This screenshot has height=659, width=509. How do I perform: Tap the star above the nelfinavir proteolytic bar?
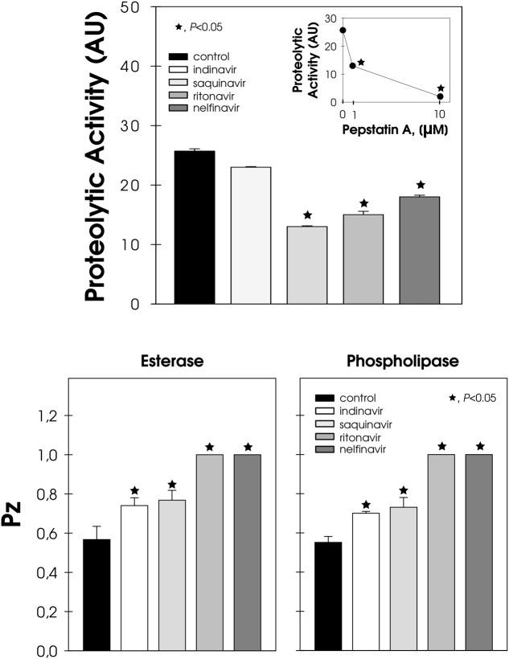coord(420,185)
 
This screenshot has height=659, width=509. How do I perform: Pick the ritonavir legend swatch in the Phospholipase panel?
coord(323,437)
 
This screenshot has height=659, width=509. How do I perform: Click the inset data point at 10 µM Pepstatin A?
coord(440,96)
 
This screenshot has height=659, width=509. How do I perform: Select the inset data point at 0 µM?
coord(343,31)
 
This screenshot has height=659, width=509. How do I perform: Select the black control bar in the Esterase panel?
coord(97,595)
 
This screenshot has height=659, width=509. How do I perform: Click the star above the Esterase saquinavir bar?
coord(172,485)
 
